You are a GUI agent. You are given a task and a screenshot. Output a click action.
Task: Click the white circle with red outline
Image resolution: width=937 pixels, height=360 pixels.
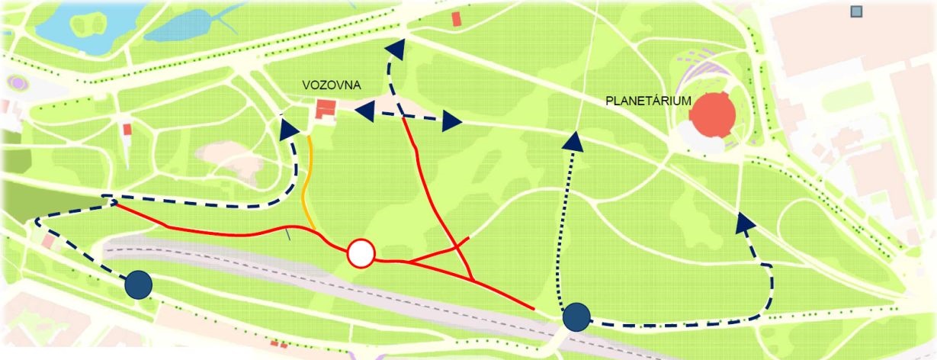pos(361,254)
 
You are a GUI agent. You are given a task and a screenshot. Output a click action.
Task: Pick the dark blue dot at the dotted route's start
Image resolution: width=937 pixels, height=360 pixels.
pos(576,317)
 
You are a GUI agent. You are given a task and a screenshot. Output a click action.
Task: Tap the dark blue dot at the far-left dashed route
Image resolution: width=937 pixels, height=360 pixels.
pos(139,284)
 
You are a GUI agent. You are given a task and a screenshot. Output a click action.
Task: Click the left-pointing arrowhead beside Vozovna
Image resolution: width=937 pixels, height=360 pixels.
pos(364,108)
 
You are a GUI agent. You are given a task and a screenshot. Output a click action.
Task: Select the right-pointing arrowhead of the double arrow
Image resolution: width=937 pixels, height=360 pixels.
pos(452,120)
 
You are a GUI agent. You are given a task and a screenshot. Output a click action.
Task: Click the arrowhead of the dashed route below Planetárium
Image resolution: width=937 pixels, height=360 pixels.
pos(745,222)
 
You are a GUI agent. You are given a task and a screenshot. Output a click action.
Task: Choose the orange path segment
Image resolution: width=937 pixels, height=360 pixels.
pos(307,183)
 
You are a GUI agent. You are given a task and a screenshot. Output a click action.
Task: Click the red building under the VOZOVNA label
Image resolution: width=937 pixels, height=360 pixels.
pos(326,111)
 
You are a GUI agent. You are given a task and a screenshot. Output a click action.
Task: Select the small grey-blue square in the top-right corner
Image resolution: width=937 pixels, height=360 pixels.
pos(856,11)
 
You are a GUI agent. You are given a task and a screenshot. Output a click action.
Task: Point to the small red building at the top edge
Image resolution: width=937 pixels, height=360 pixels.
pos(457,19)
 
